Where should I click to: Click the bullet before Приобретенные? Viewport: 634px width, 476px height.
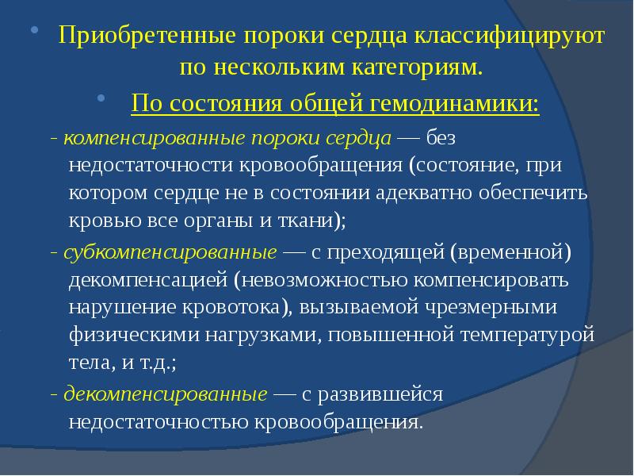point(35,32)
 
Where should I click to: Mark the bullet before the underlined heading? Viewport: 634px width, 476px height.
point(101,99)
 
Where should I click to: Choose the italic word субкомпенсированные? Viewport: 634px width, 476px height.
point(166,253)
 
